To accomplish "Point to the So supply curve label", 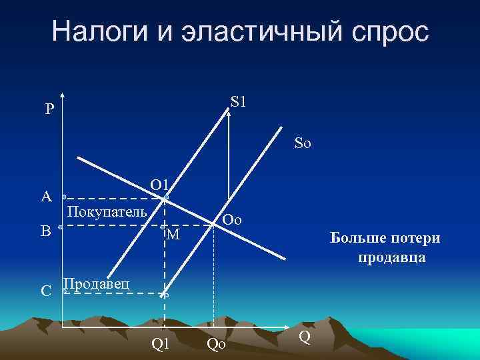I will pos(303,143).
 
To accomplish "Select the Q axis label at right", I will pos(304,337).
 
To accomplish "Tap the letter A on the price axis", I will pos(45,197).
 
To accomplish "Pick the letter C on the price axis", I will pos(46,291).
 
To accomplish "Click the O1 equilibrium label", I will pos(161,184).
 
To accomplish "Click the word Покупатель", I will pos(107,212).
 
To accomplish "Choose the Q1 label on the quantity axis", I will pos(161,344).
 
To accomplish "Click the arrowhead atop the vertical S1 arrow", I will pos(229,113).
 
